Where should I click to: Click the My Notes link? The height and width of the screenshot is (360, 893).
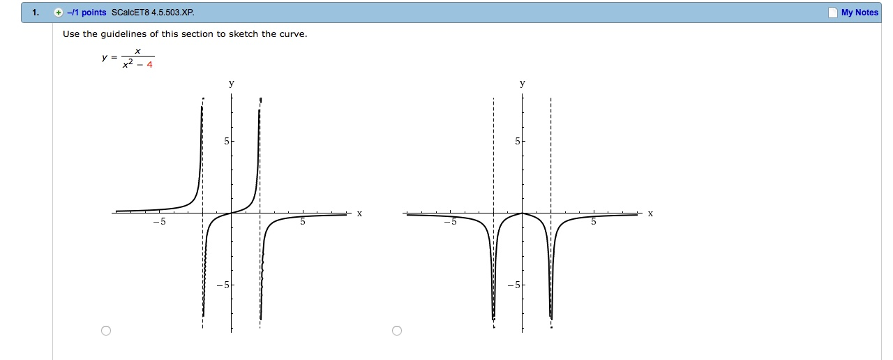tap(860, 13)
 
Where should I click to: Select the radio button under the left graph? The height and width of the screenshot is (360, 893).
tap(105, 331)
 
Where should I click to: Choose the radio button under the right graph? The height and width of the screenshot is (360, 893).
tap(397, 331)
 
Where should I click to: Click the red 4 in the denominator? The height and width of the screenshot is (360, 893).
tap(149, 65)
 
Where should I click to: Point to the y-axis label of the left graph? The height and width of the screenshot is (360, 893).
tap(232, 84)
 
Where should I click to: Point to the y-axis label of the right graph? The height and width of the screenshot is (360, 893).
tap(523, 84)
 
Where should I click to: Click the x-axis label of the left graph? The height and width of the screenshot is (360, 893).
tap(359, 213)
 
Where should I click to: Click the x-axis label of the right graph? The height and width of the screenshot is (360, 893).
tap(650, 213)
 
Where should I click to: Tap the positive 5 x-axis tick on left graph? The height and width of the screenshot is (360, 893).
tap(303, 223)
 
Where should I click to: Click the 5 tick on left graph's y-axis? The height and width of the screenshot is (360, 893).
tap(226, 142)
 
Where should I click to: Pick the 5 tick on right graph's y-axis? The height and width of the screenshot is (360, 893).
tap(517, 142)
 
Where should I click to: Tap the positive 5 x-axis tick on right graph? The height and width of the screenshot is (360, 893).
tap(594, 223)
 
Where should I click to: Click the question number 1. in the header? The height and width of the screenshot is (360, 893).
tap(36, 13)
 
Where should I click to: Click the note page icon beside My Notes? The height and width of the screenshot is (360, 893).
tap(832, 13)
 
